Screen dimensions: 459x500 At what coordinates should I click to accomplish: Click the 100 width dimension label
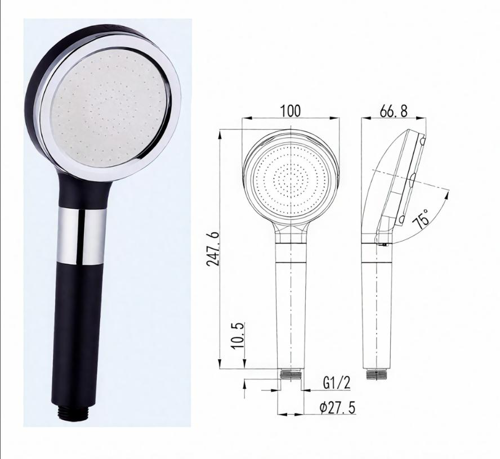tap(291, 110)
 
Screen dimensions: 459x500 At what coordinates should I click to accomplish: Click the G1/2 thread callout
tap(337, 384)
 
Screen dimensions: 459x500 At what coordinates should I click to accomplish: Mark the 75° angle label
tap(422, 217)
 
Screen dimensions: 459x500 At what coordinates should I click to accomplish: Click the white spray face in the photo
tap(109, 118)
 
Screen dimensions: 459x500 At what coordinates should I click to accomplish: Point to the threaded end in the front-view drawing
tap(291, 373)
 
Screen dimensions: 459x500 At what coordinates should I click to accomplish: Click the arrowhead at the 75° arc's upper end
tap(449, 192)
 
